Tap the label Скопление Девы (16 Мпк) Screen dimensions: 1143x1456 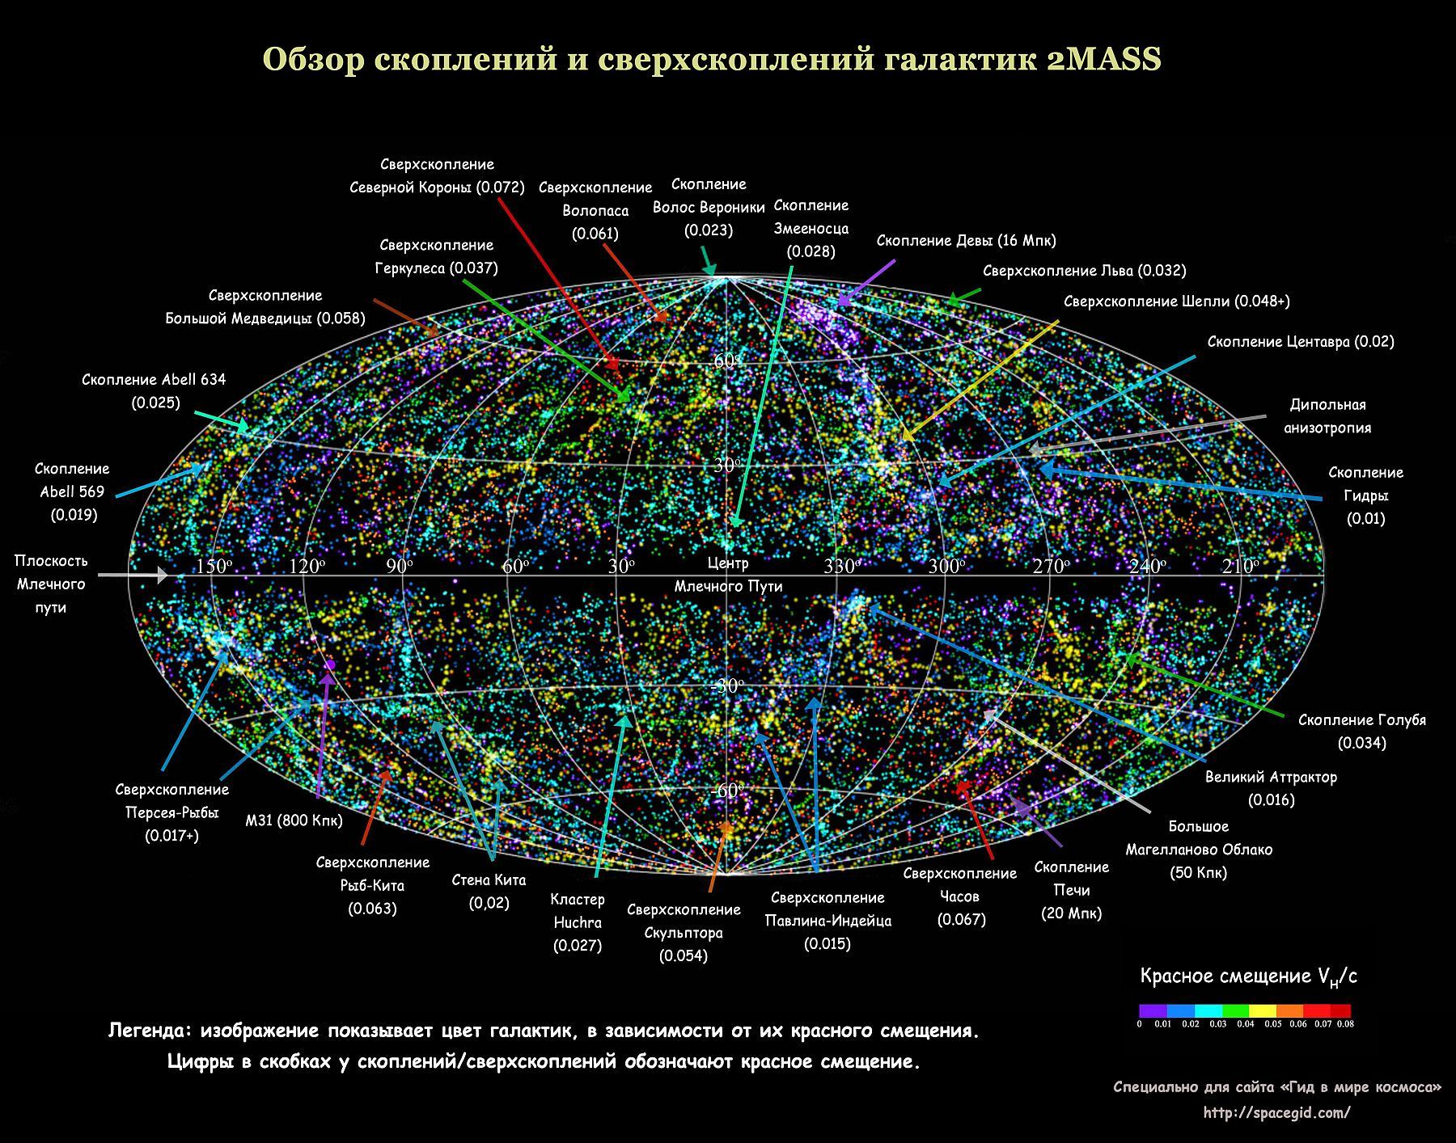966,240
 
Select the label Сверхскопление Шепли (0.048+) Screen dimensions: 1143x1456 1176,302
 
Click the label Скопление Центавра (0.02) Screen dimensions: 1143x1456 1301,341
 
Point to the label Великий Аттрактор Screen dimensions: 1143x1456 1271,778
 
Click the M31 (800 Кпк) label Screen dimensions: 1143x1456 294,820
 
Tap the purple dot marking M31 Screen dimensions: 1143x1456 330,664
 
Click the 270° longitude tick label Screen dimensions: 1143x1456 1051,567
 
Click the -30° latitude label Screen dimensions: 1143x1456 727,686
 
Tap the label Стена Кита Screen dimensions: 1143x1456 489,880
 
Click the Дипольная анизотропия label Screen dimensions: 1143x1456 1327,416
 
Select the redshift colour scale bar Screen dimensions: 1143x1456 1244,1010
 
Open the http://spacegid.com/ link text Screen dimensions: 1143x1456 1276,1113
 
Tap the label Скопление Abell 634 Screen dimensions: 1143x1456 154,380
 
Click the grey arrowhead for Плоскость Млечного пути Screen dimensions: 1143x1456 163,575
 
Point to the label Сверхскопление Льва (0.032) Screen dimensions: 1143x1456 1084,271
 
